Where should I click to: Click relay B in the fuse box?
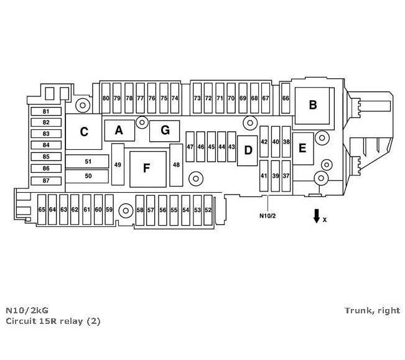pyautogui.click(x=313, y=104)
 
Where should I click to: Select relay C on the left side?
pyautogui.click(x=83, y=132)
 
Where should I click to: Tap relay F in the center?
pyautogui.click(x=147, y=168)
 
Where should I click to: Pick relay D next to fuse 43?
pyautogui.click(x=248, y=150)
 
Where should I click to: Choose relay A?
pyautogui.click(x=119, y=131)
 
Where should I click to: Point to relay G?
pyautogui.click(x=164, y=131)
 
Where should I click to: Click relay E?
pyautogui.click(x=303, y=148)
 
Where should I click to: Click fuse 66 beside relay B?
pyautogui.click(x=286, y=98)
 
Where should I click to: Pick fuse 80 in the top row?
pyautogui.click(x=106, y=98)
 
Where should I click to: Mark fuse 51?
pyautogui.click(x=88, y=162)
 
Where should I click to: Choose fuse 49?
pyautogui.click(x=118, y=165)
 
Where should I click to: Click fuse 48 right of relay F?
pyautogui.click(x=176, y=165)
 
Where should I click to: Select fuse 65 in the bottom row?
pyautogui.click(x=42, y=210)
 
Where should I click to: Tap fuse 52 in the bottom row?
pyautogui.click(x=208, y=210)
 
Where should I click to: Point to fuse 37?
pyautogui.click(x=286, y=176)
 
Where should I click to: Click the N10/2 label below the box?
pyautogui.click(x=267, y=216)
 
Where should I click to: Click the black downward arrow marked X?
pyautogui.click(x=316, y=216)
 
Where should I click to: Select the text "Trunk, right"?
pyautogui.click(x=371, y=310)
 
